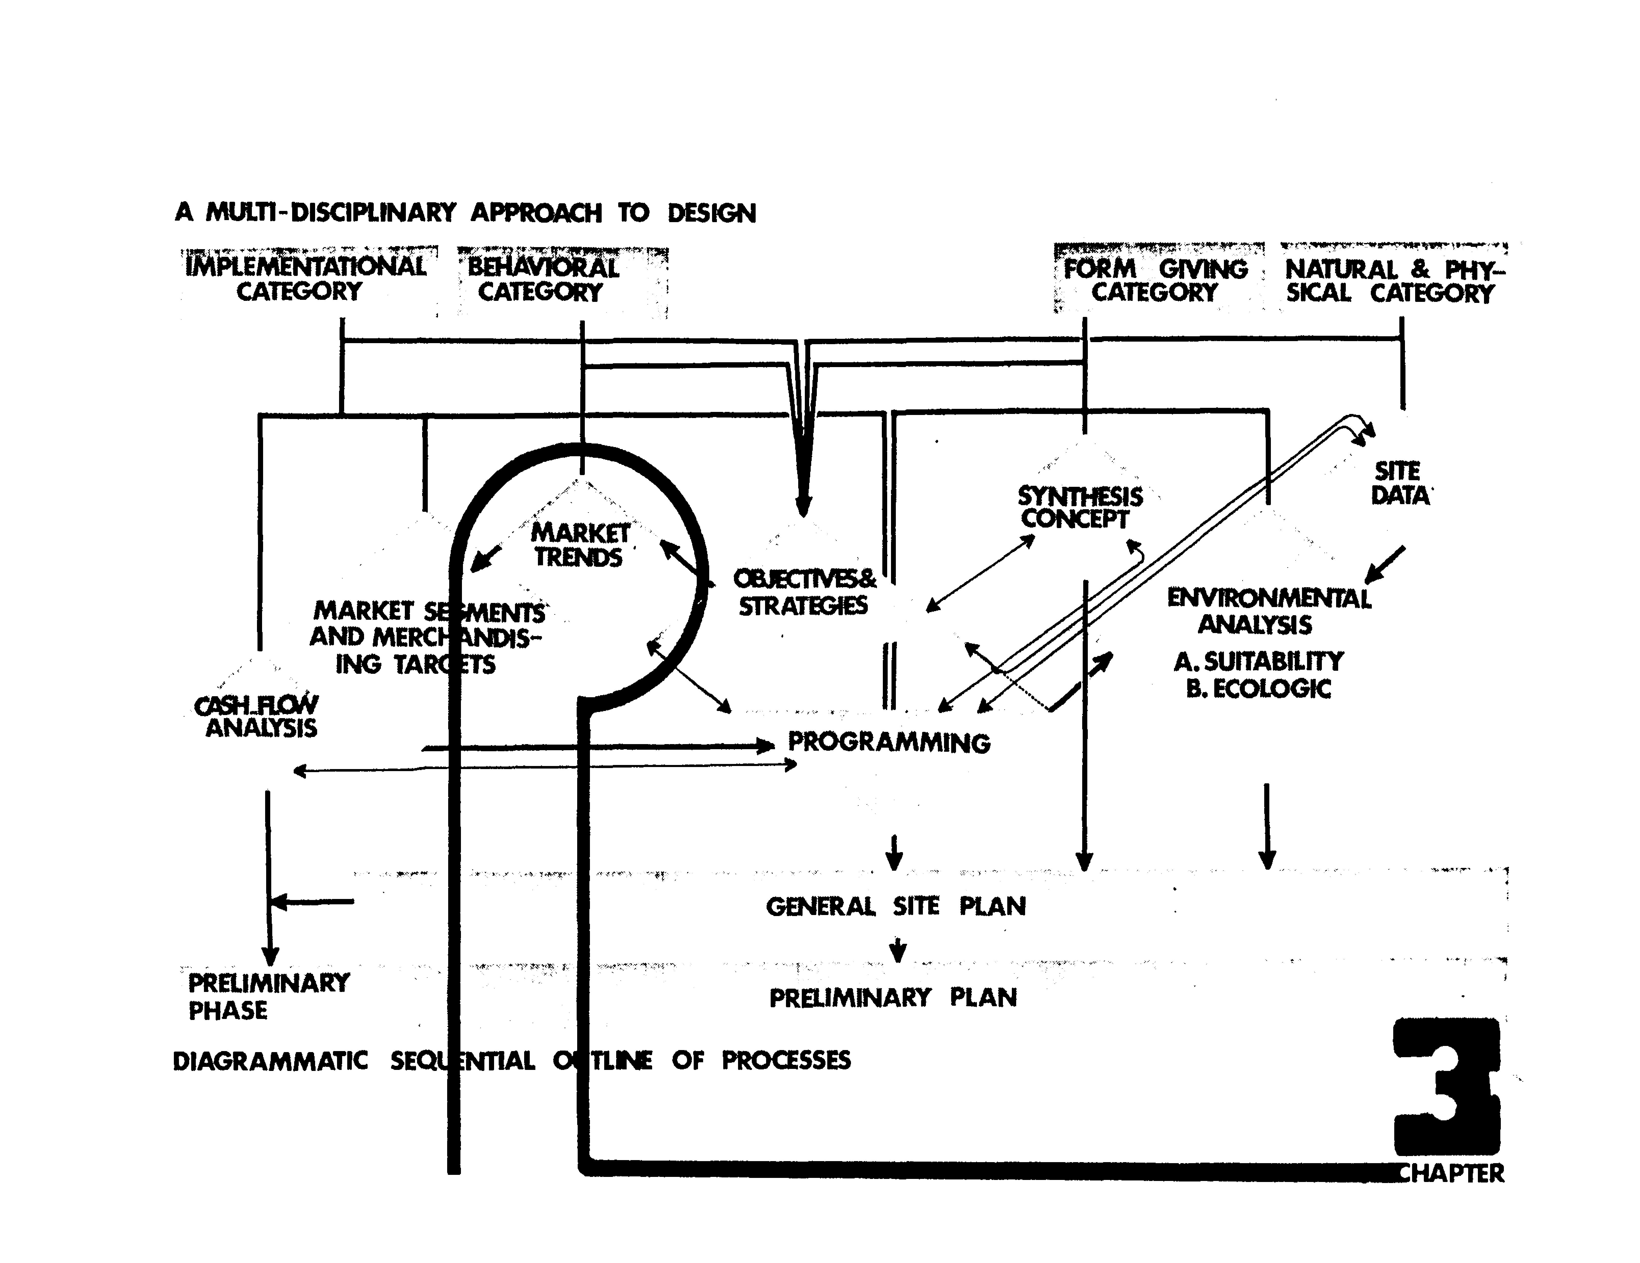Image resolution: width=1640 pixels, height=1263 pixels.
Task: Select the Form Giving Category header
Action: (x=1155, y=280)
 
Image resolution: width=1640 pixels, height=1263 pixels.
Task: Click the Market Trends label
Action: (x=580, y=545)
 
